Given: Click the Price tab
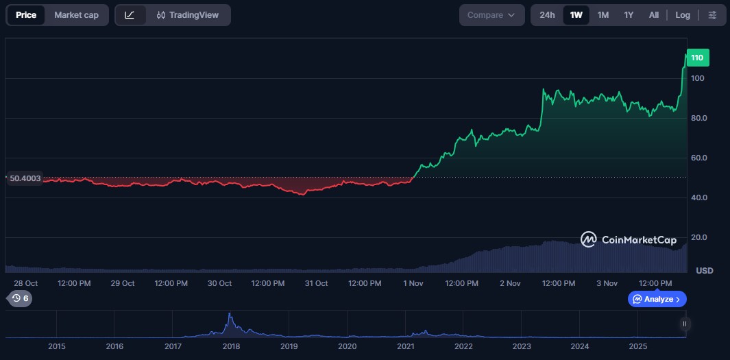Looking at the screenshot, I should [26, 15].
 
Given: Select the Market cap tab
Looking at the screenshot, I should [76, 15].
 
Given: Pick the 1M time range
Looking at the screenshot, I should [603, 15].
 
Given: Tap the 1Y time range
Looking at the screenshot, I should [629, 15].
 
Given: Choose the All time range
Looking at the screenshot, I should [654, 15].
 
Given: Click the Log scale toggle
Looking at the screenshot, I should [683, 15].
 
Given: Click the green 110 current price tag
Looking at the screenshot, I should [698, 58].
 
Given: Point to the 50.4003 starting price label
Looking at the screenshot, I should [25, 178].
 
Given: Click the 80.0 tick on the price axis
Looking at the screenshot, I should [699, 118].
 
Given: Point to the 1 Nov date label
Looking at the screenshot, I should [413, 283].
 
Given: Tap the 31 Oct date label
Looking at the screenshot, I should [316, 283].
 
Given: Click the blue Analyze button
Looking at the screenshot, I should [657, 299].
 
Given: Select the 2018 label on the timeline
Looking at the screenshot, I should [231, 346].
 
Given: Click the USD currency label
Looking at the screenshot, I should [704, 271].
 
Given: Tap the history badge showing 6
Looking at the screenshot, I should [19, 298].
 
